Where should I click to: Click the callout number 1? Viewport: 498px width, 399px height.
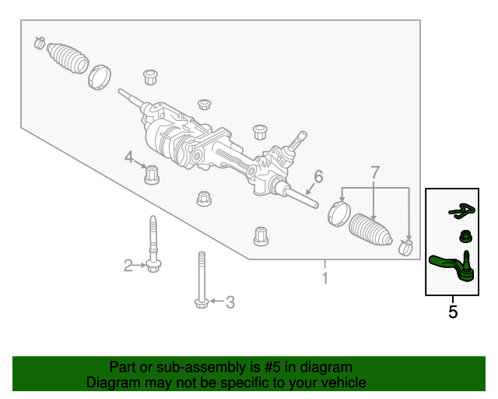325,278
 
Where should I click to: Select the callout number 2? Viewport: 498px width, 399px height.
128,267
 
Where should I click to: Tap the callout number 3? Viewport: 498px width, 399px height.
230,302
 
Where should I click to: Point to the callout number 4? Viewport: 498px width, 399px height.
130,158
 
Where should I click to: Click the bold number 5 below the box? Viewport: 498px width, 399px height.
453,312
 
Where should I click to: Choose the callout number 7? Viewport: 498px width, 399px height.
374,172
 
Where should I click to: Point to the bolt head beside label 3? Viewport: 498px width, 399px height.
201,302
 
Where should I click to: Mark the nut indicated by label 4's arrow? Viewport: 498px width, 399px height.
153,174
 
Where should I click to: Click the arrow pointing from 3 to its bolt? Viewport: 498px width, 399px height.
216,301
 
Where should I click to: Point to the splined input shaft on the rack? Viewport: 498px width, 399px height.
296,145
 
